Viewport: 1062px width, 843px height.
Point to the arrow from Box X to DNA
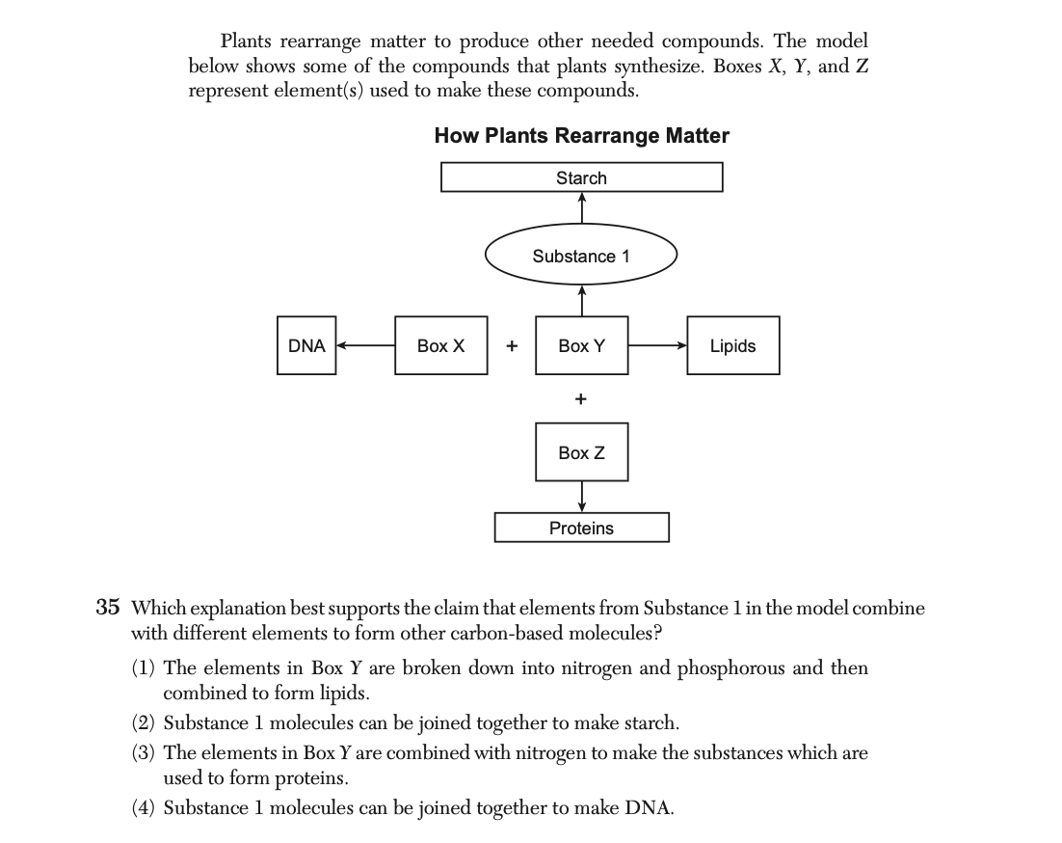366,345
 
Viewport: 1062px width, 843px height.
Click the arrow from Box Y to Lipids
657,345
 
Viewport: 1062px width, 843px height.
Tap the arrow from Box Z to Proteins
582,497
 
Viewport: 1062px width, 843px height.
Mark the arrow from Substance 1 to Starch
582,208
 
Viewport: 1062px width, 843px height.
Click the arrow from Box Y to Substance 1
582,301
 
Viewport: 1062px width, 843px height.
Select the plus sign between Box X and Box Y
512,345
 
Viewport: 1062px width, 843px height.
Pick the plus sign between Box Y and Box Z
580,398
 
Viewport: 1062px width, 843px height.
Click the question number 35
108,608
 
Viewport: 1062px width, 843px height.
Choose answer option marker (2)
143,723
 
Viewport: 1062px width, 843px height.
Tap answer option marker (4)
143,807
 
